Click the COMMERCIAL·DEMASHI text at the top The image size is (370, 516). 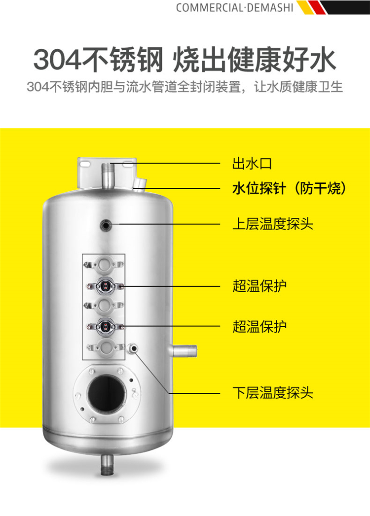(x=234, y=7)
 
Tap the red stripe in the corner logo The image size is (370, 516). (x=317, y=7)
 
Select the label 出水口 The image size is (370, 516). (x=252, y=164)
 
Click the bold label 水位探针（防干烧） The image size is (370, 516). (x=289, y=189)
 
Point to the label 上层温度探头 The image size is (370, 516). (x=273, y=224)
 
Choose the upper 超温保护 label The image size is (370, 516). (x=259, y=286)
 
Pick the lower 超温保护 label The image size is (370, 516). (x=259, y=326)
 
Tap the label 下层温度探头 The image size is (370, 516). (x=273, y=393)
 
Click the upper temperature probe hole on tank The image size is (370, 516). (x=106, y=225)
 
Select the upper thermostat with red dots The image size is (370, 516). (x=105, y=285)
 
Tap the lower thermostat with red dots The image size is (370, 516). (x=105, y=326)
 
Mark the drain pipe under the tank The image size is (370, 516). (x=107, y=464)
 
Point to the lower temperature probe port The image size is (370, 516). (x=133, y=348)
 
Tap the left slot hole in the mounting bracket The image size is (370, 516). (x=85, y=163)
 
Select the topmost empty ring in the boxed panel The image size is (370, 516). (x=104, y=264)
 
